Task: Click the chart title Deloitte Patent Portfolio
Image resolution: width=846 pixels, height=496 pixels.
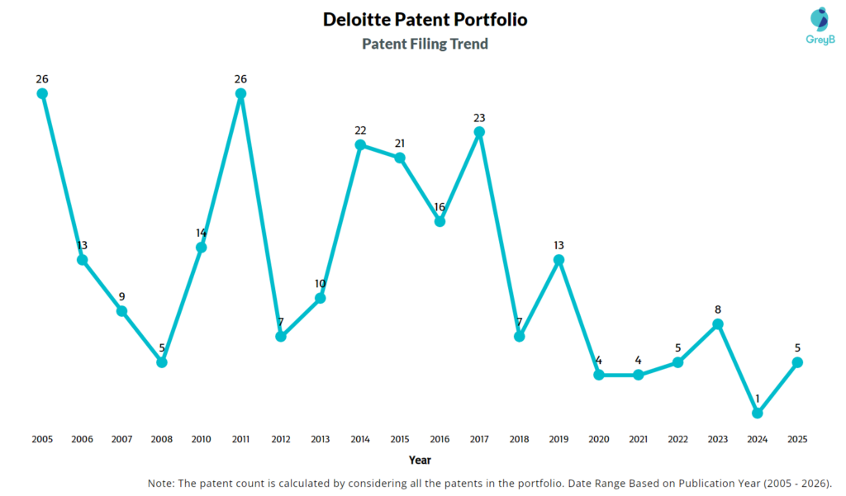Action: click(425, 19)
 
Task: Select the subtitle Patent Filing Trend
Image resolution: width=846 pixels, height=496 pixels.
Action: click(425, 44)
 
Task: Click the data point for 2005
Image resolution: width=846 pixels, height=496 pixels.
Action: click(42, 94)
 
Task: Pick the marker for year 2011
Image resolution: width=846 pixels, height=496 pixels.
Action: click(240, 94)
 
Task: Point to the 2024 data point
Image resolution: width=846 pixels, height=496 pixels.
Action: click(758, 413)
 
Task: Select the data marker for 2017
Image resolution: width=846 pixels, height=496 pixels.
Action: click(479, 132)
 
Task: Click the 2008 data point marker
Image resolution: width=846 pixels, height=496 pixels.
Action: click(162, 361)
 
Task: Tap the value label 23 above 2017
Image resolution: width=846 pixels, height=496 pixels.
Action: click(479, 117)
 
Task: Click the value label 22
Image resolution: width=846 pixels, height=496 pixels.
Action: click(360, 130)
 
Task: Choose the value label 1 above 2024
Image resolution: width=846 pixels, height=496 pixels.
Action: click(758, 399)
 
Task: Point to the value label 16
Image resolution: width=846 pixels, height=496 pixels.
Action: click(440, 206)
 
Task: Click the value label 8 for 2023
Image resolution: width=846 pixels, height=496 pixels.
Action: click(718, 309)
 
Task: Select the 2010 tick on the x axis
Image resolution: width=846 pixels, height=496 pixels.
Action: click(202, 439)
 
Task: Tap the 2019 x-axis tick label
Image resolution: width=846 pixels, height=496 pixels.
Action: click(559, 439)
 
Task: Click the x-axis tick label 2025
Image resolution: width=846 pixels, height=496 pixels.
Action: click(797, 439)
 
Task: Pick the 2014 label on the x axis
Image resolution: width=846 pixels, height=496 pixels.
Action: click(360, 439)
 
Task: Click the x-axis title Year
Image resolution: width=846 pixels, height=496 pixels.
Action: click(420, 460)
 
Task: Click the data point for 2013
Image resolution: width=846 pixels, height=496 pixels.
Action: click(321, 298)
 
